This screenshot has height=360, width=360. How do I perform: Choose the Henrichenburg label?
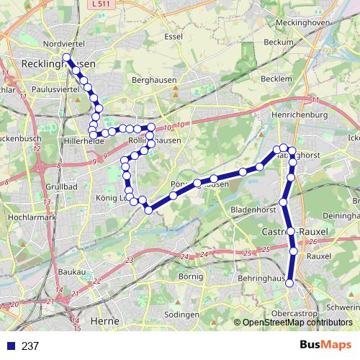[x=300, y=114]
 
